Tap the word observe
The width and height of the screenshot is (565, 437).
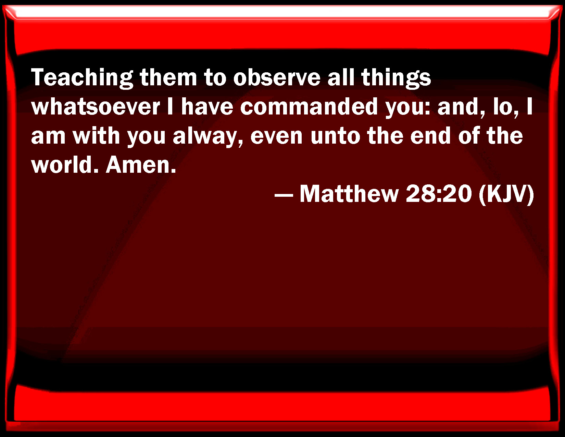point(277,77)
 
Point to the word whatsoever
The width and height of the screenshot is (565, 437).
point(96,107)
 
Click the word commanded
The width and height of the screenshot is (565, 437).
point(309,106)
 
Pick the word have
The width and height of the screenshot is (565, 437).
point(207,106)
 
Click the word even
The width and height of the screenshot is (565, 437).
point(277,136)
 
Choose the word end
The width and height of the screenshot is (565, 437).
point(430,136)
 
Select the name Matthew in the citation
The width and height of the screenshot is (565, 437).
point(349,194)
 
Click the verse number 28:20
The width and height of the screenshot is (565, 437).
point(439,194)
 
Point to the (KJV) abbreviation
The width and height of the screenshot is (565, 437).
point(506,194)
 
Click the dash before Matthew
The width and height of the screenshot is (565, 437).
point(284,195)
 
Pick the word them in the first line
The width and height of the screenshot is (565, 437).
point(168,77)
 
